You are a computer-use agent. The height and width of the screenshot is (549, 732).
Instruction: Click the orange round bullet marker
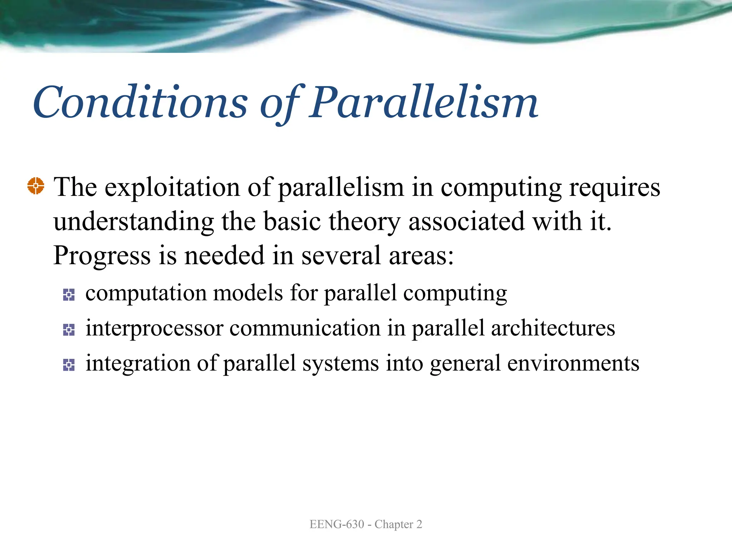36,186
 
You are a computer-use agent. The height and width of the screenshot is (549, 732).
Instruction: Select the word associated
467,222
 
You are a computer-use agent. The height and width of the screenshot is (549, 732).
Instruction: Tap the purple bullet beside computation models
69,295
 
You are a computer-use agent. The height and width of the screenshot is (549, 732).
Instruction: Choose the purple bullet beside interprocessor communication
69,330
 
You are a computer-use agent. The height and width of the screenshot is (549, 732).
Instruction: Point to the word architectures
553,328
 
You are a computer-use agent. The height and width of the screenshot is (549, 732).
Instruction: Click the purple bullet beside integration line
69,365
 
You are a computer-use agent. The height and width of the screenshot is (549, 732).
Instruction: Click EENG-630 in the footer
337,524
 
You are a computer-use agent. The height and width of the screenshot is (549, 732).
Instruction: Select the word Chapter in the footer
394,524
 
